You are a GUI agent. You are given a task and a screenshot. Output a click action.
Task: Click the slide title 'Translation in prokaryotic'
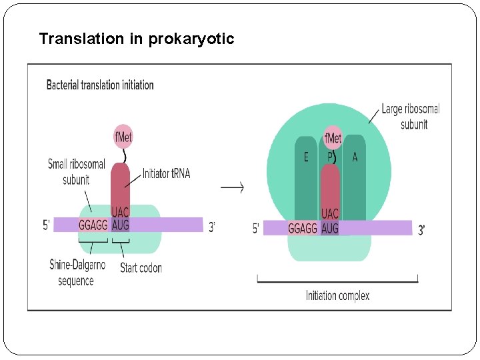point(137,39)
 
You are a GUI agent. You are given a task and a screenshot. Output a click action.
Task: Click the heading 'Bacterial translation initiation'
point(100,85)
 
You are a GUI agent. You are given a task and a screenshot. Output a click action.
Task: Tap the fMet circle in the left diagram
point(123,137)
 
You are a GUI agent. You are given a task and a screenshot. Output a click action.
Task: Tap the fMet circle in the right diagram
point(332,139)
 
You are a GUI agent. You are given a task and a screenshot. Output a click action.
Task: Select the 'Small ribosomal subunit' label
point(76,171)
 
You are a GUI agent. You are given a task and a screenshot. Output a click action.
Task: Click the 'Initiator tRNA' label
point(166,173)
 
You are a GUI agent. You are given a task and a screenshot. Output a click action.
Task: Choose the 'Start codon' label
point(141,268)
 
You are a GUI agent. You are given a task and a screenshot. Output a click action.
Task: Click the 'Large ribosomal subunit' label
point(411,116)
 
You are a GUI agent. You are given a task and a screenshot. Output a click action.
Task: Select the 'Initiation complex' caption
point(337,295)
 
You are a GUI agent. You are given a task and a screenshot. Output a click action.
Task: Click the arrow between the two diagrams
point(232,187)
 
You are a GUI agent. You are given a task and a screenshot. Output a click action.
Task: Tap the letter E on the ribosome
point(306,157)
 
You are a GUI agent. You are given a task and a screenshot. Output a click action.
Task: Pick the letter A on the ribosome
point(354,157)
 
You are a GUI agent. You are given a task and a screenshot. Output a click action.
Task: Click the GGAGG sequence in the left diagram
point(93,225)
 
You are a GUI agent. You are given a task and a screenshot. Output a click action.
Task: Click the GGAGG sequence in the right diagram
point(303,229)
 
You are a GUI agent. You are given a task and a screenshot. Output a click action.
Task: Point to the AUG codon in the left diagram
point(121,225)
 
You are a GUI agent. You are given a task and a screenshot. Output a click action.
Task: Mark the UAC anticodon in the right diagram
point(330,214)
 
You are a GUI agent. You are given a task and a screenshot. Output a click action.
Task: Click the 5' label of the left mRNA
point(46,225)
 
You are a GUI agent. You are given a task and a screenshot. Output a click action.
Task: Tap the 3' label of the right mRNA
point(421,231)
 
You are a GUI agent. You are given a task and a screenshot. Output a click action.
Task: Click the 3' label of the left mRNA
point(212,227)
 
